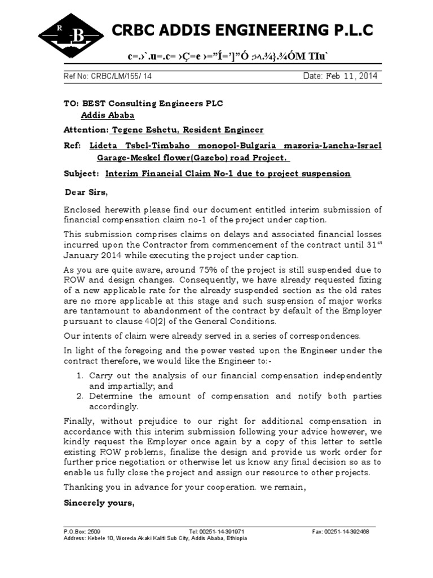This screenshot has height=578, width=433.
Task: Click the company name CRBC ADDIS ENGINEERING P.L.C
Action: (243, 31)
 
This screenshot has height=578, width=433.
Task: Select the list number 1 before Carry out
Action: (80, 375)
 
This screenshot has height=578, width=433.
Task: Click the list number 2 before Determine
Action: (80, 396)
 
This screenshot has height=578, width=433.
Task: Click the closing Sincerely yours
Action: (99, 503)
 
